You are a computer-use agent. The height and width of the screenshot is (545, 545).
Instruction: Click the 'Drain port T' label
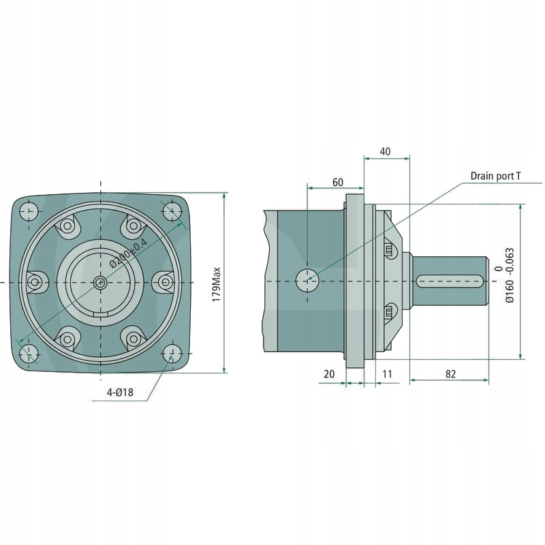click(x=495, y=176)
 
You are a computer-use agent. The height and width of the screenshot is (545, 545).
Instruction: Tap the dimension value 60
click(x=337, y=183)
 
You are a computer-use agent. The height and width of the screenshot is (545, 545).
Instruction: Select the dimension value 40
click(x=385, y=152)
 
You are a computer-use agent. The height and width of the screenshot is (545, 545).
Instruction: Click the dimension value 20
click(x=330, y=374)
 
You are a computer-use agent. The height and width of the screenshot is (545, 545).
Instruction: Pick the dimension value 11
click(x=388, y=374)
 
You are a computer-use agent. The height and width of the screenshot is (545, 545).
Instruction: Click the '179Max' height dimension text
click(x=217, y=283)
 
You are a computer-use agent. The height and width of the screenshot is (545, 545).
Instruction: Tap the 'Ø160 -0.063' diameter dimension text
click(x=509, y=281)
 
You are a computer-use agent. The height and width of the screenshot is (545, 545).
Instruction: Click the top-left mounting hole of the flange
click(x=29, y=211)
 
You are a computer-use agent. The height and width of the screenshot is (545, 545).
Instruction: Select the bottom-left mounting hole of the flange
click(x=29, y=353)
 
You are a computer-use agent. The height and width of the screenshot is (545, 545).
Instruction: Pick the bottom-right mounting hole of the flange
click(x=172, y=353)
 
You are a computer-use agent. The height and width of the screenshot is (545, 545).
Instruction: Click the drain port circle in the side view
click(x=307, y=277)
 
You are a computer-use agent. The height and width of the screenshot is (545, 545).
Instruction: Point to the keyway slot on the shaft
click(x=450, y=280)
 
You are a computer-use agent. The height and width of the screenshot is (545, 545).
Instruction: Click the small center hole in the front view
click(x=100, y=281)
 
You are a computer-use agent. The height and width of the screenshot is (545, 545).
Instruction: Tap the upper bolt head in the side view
click(x=389, y=249)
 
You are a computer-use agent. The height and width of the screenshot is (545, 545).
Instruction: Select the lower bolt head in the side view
click(x=389, y=312)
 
